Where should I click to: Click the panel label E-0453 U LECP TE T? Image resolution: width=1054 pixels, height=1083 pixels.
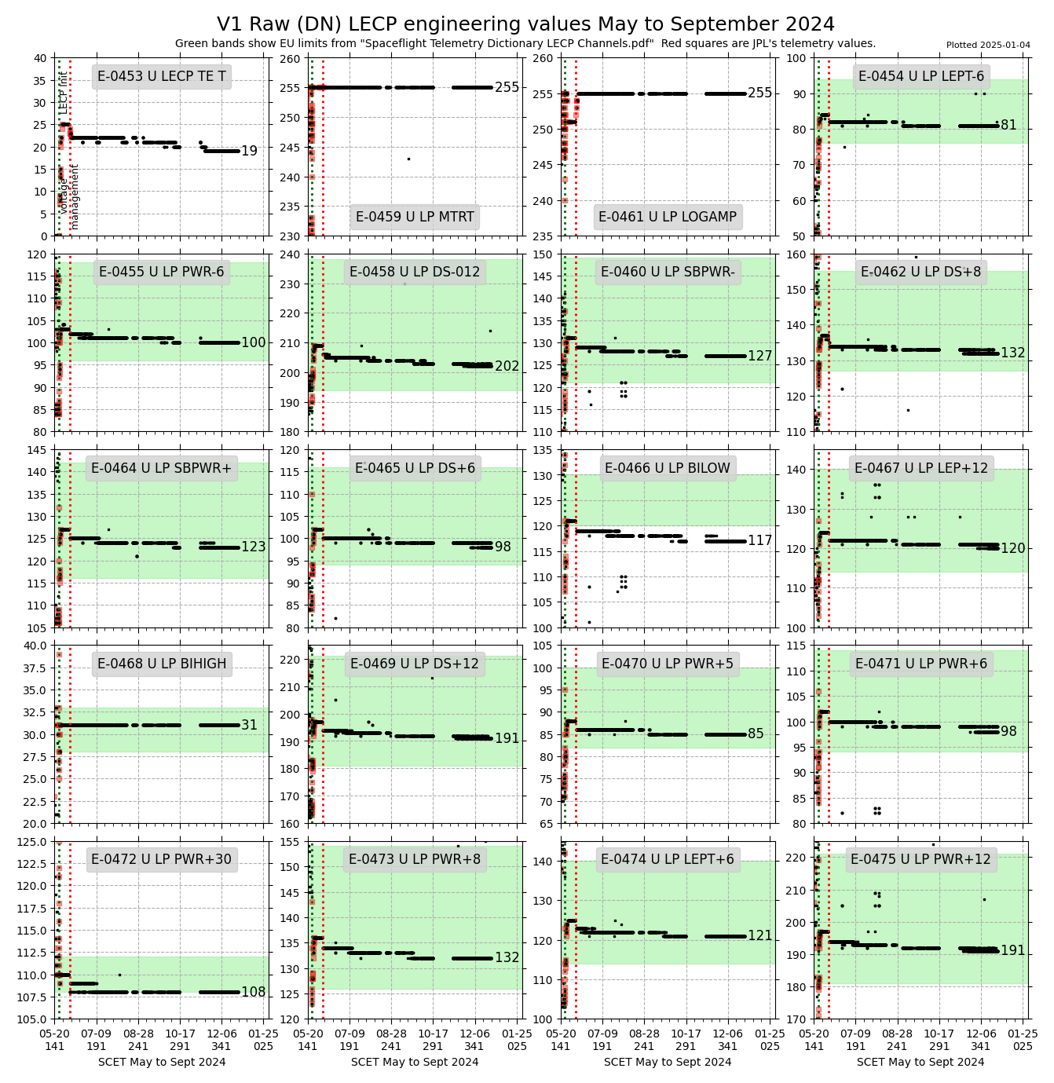click(162, 76)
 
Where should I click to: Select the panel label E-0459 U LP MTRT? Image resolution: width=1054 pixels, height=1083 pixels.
click(415, 217)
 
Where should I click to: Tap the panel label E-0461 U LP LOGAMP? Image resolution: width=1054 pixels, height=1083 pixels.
click(668, 217)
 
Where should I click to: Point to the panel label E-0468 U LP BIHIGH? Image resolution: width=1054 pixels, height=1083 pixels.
click(162, 664)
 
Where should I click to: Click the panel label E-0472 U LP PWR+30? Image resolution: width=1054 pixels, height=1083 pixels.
click(162, 859)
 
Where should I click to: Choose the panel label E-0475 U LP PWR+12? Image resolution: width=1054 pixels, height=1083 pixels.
click(920, 859)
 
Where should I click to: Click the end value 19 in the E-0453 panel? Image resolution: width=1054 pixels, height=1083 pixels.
click(249, 151)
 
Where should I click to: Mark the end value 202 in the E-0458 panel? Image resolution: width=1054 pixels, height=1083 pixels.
click(507, 366)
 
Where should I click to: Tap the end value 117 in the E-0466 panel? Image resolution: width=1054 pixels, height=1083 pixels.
click(759, 540)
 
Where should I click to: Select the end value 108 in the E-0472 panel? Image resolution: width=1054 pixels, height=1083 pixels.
click(253, 992)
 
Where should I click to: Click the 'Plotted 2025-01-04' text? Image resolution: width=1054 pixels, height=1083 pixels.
click(988, 45)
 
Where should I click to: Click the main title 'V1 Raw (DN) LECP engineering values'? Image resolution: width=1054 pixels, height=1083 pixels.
click(525, 24)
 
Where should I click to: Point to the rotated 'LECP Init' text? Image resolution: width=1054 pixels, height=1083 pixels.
click(64, 93)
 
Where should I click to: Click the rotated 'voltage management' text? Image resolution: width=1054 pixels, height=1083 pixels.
click(69, 196)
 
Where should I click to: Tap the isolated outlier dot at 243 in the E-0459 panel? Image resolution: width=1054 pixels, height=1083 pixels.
click(408, 159)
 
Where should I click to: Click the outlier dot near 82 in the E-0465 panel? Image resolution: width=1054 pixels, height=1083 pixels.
click(335, 618)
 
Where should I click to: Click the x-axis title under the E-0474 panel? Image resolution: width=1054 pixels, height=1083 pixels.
click(668, 1062)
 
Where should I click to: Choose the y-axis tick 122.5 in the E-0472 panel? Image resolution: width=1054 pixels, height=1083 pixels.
click(34, 863)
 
